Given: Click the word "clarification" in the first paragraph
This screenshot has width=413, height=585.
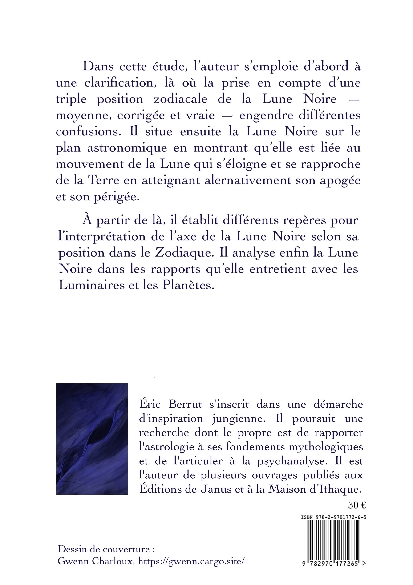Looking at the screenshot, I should tap(120, 83).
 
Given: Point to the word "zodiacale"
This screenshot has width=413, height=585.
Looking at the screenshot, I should tap(180, 99).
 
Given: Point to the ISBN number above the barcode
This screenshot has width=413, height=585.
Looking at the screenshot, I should tap(334, 518).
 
